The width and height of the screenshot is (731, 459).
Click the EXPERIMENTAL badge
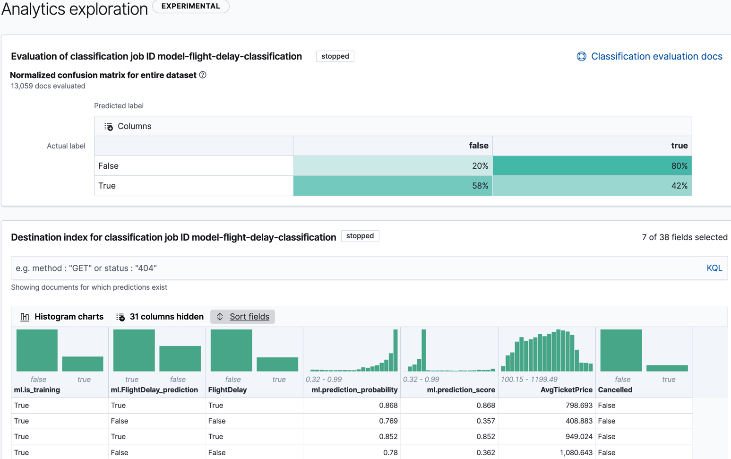click(x=190, y=6)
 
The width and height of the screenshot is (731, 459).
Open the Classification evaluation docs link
click(x=656, y=56)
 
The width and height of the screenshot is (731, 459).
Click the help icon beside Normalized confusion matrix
click(x=203, y=75)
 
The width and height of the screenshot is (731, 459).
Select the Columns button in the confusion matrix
click(x=128, y=126)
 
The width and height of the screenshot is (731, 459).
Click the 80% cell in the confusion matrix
click(x=592, y=166)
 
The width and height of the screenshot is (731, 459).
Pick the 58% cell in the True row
click(x=393, y=186)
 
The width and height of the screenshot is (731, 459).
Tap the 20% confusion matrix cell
click(x=393, y=166)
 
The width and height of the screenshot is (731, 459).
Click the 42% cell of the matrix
click(x=592, y=186)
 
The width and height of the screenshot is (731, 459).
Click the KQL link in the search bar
click(x=714, y=268)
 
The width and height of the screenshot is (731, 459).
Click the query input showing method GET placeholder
click(x=354, y=268)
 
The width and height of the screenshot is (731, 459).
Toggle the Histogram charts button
click(x=62, y=317)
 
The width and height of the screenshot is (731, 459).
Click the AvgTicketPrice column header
click(x=566, y=390)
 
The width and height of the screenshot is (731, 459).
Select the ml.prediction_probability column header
click(x=354, y=390)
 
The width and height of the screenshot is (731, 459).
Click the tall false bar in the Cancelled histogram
click(x=620, y=350)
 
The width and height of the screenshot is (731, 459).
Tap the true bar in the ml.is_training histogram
click(x=83, y=364)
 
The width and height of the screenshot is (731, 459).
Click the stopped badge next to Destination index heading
click(x=360, y=236)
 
